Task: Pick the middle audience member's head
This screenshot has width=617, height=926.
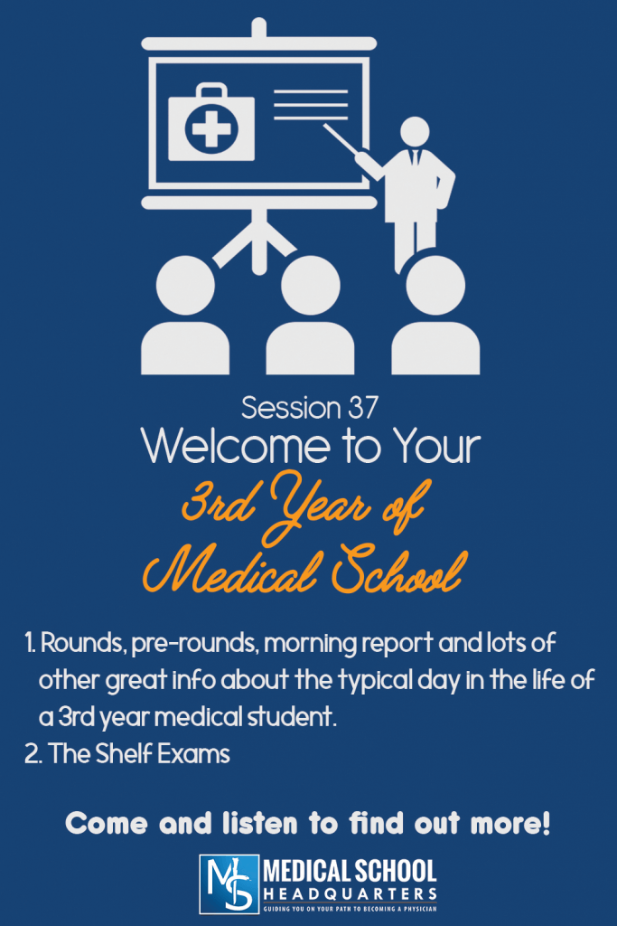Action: pyautogui.click(x=310, y=285)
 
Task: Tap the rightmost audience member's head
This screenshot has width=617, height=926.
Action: pyautogui.click(x=435, y=284)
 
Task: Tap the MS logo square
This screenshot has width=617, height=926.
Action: pyautogui.click(x=228, y=883)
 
